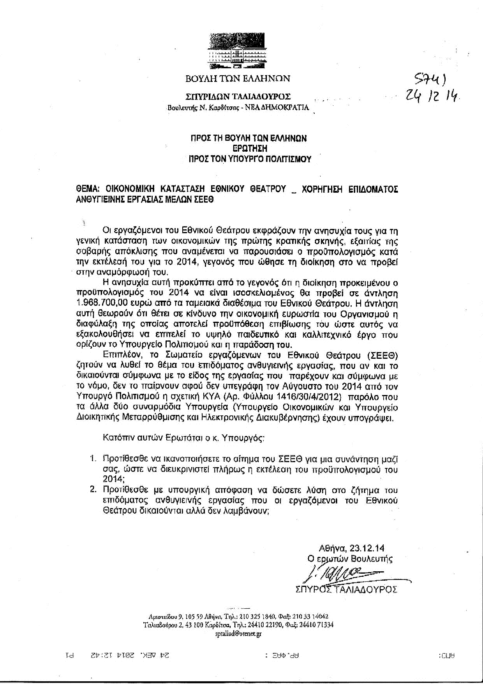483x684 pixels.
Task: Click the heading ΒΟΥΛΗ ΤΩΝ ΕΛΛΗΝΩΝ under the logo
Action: [238, 79]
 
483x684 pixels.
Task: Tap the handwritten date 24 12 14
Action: [430, 94]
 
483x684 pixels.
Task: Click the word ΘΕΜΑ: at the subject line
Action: [88, 189]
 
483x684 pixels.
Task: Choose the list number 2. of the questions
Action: [93, 490]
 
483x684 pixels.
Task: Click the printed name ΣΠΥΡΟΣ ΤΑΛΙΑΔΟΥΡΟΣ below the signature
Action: [346, 589]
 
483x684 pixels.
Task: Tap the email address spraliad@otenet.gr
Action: [238, 634]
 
